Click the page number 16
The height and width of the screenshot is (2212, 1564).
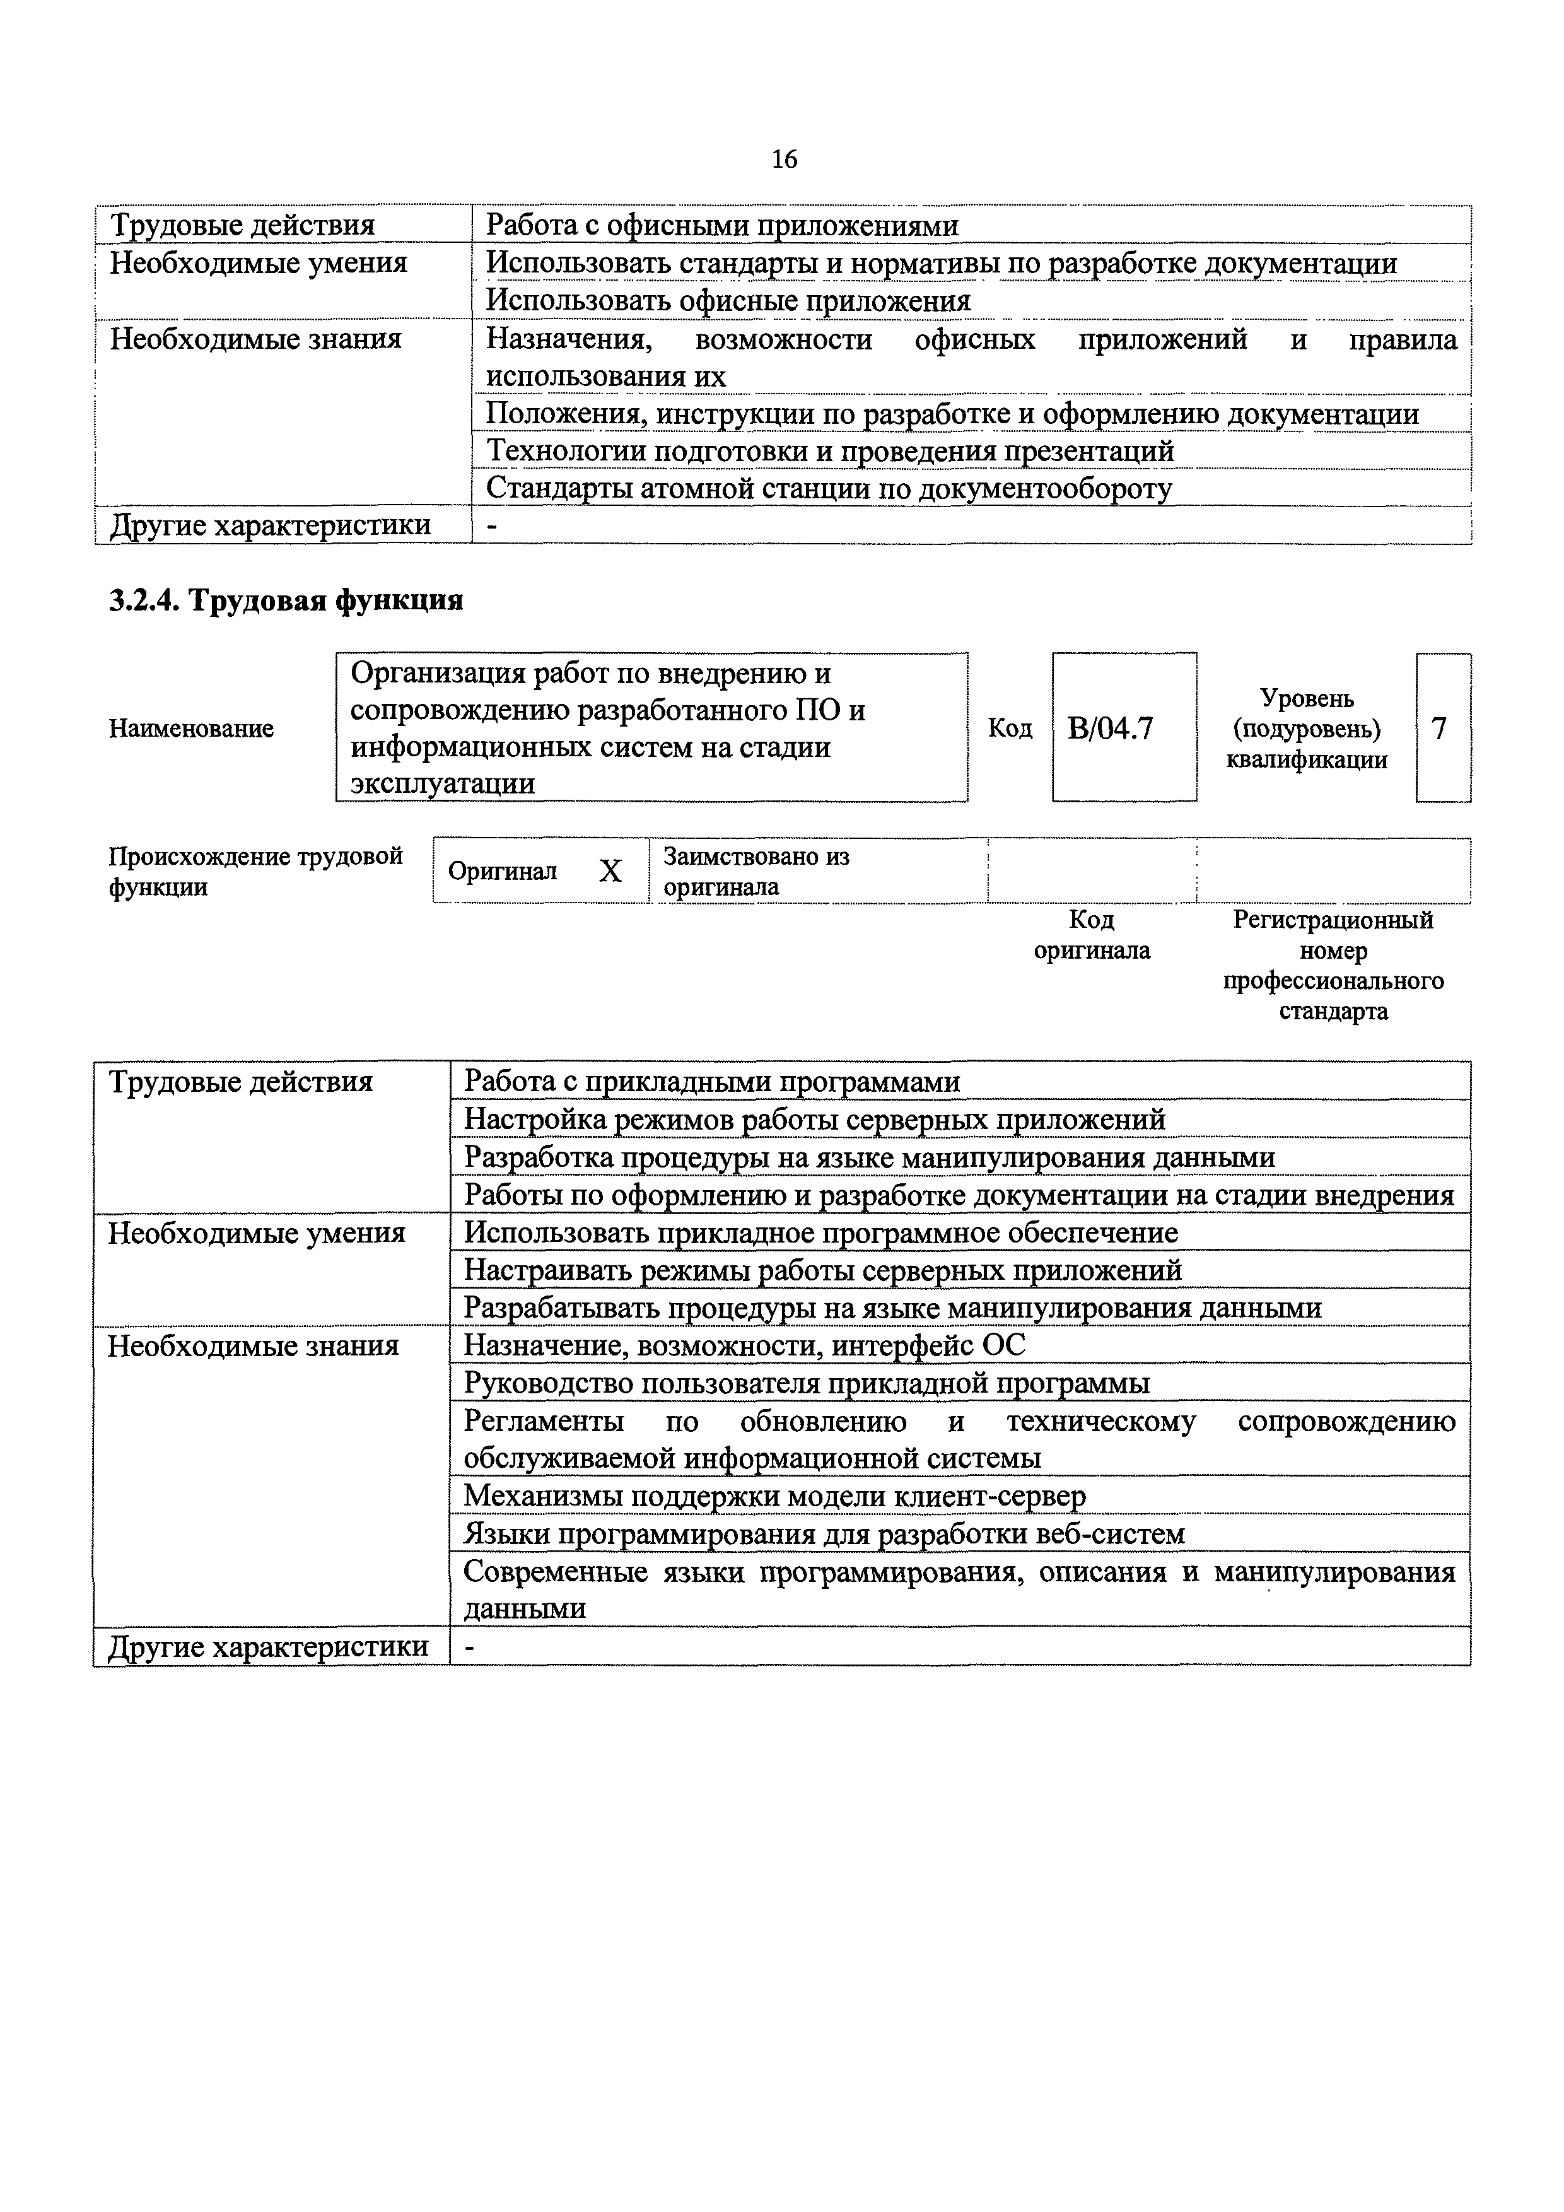point(784,159)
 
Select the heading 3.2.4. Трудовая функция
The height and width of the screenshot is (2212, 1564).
point(286,601)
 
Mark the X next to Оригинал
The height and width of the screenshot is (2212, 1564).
point(610,872)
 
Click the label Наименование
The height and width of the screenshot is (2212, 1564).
point(190,729)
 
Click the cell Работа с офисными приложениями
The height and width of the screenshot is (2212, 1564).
point(721,225)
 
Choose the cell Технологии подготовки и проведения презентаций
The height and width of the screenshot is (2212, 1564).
point(829,451)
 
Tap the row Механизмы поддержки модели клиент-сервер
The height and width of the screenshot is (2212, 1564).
point(774,1495)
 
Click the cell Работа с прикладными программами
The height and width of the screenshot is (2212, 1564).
point(712,1082)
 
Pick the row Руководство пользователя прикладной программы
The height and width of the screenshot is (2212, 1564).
point(806,1383)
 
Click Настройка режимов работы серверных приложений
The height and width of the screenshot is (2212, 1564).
point(814,1120)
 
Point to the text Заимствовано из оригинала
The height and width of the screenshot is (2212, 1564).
point(757,871)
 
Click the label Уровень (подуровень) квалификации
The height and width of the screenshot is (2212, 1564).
point(1306,729)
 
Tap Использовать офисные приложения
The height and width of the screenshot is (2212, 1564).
point(728,301)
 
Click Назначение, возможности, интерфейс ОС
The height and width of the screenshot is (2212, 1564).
point(744,1345)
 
